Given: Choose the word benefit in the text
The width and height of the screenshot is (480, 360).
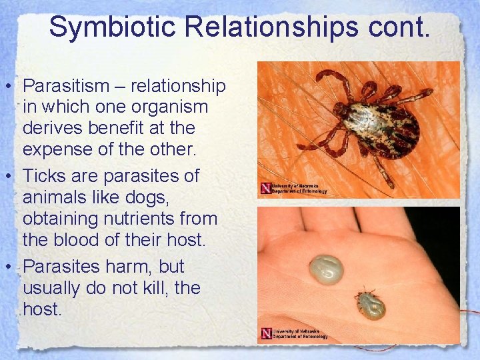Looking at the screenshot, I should (114, 127).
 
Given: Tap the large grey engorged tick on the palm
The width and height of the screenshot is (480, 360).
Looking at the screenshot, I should (327, 271).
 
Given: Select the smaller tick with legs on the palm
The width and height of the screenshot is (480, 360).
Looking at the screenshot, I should (370, 303).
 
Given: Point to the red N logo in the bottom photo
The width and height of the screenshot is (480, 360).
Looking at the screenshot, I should (266, 333).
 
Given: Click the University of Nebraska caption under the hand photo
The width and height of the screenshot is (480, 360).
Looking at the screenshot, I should (299, 333).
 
